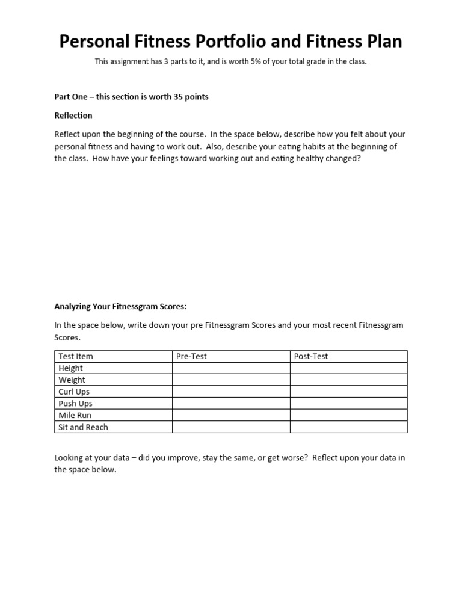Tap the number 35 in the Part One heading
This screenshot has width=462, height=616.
tap(180, 96)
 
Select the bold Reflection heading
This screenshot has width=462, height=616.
tap(73, 115)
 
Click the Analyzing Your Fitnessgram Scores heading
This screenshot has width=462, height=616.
tap(120, 306)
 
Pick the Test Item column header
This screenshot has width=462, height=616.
tap(76, 356)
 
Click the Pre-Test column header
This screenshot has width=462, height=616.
tap(191, 356)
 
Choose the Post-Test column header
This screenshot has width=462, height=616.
tap(311, 356)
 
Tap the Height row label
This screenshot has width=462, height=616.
tap(71, 368)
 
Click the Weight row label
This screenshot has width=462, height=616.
tap(72, 380)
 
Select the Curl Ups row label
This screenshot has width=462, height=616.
tap(74, 392)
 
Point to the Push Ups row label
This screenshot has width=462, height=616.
tap(75, 404)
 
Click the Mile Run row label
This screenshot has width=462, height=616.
tap(75, 415)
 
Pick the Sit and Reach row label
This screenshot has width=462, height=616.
tap(83, 427)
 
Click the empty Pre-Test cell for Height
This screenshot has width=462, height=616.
tap(231, 368)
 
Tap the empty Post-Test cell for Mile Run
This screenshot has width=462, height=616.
tap(348, 415)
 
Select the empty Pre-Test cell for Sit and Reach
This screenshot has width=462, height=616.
tap(231, 427)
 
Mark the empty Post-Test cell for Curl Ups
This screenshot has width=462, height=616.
tap(348, 392)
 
